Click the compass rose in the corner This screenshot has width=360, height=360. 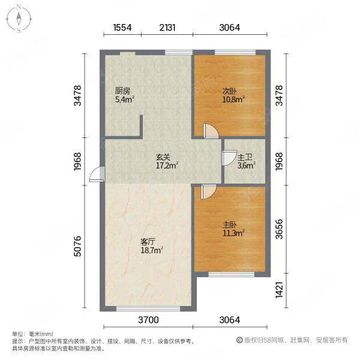[x=19, y=19]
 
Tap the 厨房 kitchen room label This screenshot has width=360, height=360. [x=122, y=91]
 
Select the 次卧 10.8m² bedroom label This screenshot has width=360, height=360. [x=233, y=95]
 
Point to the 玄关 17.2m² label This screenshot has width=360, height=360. [x=167, y=161]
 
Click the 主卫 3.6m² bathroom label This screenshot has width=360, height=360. [x=247, y=161]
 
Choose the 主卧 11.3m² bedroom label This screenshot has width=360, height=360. [x=233, y=229]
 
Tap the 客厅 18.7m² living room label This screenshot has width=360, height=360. [x=152, y=246]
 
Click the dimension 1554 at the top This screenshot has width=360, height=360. [x=122, y=28]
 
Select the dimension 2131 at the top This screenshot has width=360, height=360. [x=167, y=28]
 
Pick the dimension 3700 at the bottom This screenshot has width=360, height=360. [x=148, y=320]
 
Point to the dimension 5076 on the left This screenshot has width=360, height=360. [x=78, y=246]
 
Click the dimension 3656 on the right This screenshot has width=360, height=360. [x=279, y=229]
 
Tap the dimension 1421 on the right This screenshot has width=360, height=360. [x=279, y=290]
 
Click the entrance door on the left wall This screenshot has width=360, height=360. [x=97, y=174]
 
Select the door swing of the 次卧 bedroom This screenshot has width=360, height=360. [x=211, y=131]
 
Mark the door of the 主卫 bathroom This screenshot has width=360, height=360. [x=229, y=158]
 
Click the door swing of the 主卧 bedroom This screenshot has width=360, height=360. [x=208, y=192]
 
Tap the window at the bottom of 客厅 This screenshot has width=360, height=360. [x=148, y=308]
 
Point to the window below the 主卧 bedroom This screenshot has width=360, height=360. [x=232, y=274]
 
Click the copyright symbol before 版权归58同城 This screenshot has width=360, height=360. [x=239, y=340]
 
